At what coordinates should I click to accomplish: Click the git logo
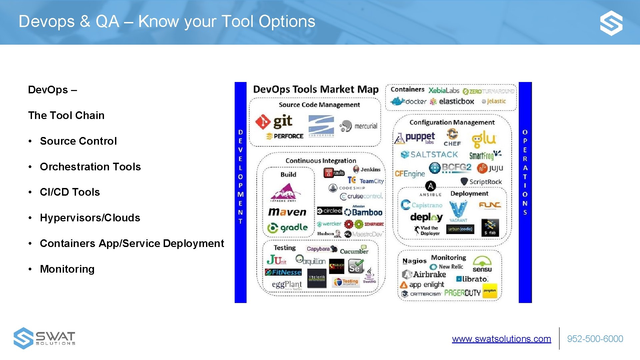click(274, 122)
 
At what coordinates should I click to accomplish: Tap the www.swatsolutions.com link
click(501, 339)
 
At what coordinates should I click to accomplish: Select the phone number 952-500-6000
click(595, 339)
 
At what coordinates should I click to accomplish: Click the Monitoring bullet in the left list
click(67, 269)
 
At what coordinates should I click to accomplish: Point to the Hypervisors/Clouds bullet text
click(90, 218)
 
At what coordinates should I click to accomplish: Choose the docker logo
click(408, 101)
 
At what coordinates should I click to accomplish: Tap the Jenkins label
click(367, 169)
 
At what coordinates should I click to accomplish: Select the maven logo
click(287, 212)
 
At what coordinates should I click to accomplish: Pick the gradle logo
click(287, 228)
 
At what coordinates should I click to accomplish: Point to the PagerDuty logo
click(462, 293)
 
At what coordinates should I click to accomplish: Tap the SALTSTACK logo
click(429, 155)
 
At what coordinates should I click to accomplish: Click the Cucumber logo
click(354, 250)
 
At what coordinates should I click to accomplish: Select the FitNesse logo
click(283, 272)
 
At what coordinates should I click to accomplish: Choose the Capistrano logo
click(422, 205)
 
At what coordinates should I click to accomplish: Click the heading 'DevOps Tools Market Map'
click(316, 89)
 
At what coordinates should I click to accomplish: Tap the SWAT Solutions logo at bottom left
click(44, 338)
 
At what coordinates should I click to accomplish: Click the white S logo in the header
click(611, 23)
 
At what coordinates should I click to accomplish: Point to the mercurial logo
click(358, 126)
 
